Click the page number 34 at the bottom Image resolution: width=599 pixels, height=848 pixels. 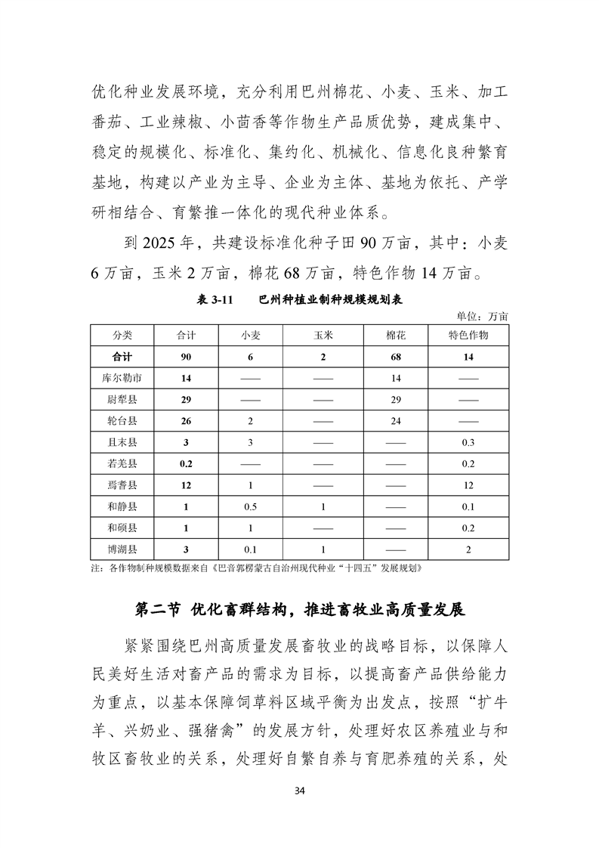[299, 791]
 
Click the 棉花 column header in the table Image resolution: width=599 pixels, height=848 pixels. [396, 335]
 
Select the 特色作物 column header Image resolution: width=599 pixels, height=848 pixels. [468, 335]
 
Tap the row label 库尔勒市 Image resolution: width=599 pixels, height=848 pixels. [122, 377]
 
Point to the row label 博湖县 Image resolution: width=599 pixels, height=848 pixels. [122, 549]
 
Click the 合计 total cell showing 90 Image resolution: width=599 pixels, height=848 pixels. [186, 356]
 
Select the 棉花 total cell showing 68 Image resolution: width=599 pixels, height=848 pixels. [396, 356]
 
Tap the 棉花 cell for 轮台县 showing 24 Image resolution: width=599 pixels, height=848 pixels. [396, 420]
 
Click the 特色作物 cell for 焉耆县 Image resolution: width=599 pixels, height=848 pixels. [468, 484]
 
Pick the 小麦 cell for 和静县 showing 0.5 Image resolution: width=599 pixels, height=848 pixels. [250, 506]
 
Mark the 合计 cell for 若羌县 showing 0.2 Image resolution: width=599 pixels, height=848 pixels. [186, 463]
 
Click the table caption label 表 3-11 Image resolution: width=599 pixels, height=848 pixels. [214, 300]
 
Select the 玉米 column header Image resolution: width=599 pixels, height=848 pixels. [323, 335]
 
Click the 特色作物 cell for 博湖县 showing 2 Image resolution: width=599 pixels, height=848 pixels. [468, 549]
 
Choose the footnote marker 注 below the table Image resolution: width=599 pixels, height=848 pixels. [95, 567]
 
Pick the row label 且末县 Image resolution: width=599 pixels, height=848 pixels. [122, 441]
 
